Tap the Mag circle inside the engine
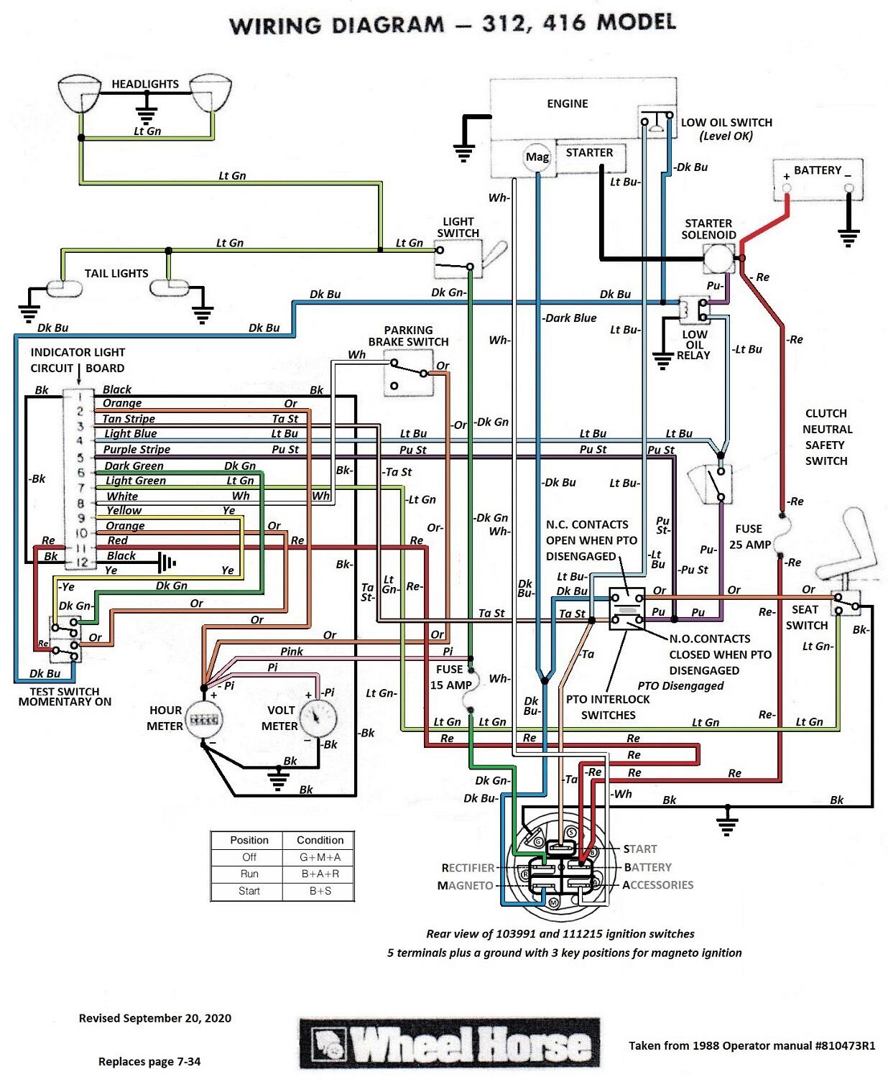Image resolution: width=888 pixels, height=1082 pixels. tap(537, 157)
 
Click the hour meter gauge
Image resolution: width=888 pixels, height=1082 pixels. tap(203, 718)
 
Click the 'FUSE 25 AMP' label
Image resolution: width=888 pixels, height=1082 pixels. tap(749, 537)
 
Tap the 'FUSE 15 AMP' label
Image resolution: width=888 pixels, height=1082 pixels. tap(450, 677)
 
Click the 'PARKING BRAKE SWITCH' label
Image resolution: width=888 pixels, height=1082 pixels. tap(408, 336)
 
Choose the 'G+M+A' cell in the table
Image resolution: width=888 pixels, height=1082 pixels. tap(320, 857)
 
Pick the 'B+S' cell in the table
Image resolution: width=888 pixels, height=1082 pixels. tap(320, 891)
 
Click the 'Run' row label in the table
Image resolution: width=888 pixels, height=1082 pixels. tap(249, 874)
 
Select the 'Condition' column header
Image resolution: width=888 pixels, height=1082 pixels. tap(320, 840)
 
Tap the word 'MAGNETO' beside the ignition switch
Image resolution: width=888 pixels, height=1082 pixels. tap(465, 886)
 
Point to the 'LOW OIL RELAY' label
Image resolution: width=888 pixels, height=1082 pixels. tap(694, 345)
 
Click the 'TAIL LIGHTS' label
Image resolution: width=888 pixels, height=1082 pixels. tap(116, 274)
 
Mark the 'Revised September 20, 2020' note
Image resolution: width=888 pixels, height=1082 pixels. tap(154, 1018)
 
